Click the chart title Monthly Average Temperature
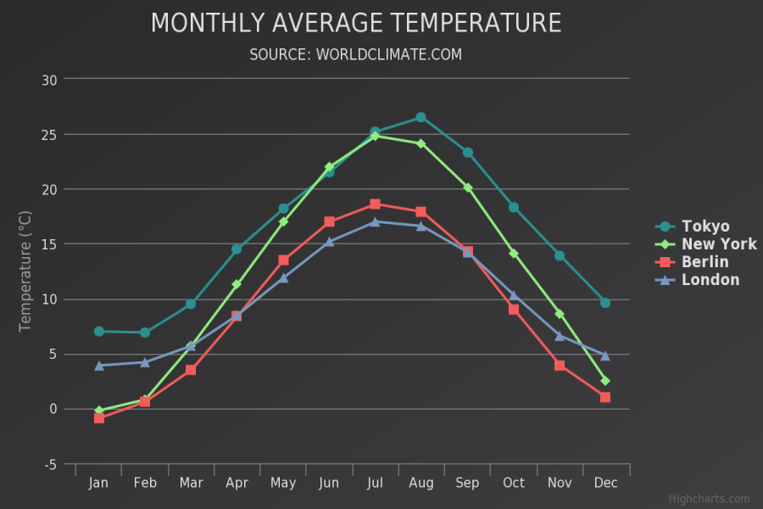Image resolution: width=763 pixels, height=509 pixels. pos(356,23)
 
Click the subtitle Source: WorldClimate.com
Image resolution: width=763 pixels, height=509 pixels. pos(356,54)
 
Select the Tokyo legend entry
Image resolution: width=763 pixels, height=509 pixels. pos(705,227)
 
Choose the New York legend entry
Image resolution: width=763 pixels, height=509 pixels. pos(718,244)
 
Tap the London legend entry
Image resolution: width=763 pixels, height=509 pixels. pos(710,280)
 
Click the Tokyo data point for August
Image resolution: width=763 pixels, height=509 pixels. pos(420,117)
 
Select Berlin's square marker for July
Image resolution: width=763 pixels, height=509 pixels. pos(375,204)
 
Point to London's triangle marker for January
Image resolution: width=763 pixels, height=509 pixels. pos(99,366)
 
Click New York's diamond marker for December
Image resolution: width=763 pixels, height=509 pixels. pos(604,381)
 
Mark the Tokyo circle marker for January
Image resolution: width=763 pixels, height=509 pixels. pos(99,332)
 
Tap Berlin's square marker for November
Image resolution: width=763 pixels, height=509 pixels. pos(560,366)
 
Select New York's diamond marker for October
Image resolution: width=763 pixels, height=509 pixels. pos(514,254)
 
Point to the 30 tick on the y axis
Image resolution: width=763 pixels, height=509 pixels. pos(49,80)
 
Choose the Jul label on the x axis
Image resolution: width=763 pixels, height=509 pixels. pos(375,483)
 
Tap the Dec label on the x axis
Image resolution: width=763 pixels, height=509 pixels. pos(604,483)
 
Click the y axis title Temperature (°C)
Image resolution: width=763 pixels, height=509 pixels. pos(25,271)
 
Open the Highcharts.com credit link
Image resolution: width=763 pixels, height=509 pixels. pos(709,499)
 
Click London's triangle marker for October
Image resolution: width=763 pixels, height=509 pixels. pos(514,295)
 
